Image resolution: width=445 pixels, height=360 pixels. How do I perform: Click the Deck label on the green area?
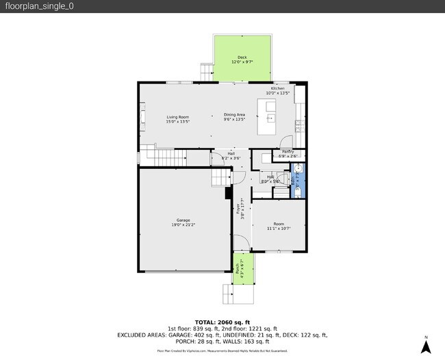[242, 57]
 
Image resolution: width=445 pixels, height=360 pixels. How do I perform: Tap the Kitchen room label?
[277, 89]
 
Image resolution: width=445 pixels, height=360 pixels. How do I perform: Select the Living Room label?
[177, 117]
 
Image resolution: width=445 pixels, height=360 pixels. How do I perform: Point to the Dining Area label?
[234, 115]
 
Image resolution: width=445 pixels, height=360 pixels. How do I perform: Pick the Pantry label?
[288, 151]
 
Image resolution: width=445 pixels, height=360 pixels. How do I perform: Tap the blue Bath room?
[296, 182]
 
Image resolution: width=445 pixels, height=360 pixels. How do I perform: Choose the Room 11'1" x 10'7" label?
[279, 226]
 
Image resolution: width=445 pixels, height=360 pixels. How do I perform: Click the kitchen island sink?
[270, 118]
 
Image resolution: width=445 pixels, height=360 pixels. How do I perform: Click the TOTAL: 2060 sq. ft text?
[222, 322]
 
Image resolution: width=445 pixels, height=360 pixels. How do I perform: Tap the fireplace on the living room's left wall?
[142, 118]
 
